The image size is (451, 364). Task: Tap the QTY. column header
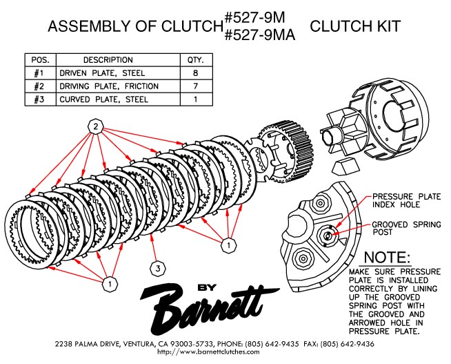(x=196, y=60)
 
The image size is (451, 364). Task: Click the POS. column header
(x=40, y=60)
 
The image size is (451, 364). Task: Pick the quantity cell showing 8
(x=196, y=73)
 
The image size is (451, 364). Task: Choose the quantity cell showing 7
(x=196, y=86)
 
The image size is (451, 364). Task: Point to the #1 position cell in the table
(x=40, y=73)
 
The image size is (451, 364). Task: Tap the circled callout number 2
(x=96, y=126)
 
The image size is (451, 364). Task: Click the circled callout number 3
(x=158, y=267)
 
